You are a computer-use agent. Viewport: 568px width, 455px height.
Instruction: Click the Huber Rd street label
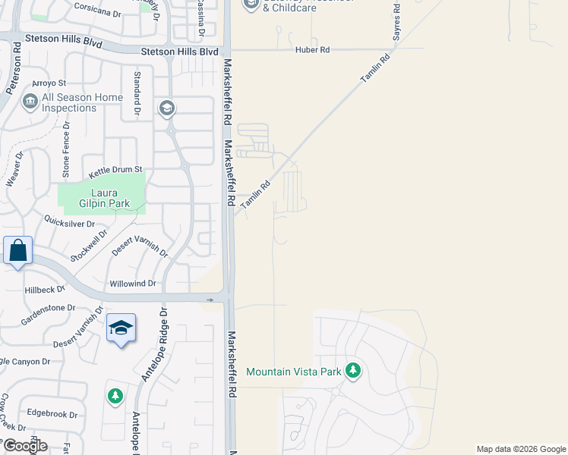pyautogui.click(x=313, y=50)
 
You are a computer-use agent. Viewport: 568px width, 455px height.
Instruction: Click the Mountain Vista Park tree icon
pyautogui.click(x=352, y=372)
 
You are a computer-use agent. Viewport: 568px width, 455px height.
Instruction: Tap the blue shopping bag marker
pyautogui.click(x=17, y=250)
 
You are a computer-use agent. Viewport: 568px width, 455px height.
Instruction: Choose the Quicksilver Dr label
pyautogui.click(x=69, y=224)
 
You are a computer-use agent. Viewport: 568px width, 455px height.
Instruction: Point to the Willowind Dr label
pyautogui.click(x=132, y=284)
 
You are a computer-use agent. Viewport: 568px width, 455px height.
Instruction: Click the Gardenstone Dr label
pyautogui.click(x=48, y=308)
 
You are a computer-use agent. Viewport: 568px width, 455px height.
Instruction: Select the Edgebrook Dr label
pyautogui.click(x=52, y=415)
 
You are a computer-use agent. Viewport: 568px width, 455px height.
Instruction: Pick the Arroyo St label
pyautogui.click(x=49, y=82)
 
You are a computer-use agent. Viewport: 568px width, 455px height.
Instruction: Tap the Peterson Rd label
pyautogui.click(x=13, y=67)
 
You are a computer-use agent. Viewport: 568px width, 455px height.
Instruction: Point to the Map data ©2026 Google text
pyautogui.click(x=521, y=449)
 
